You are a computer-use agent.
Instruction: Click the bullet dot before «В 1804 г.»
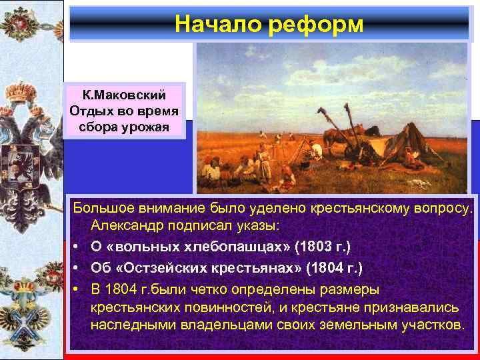78,289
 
